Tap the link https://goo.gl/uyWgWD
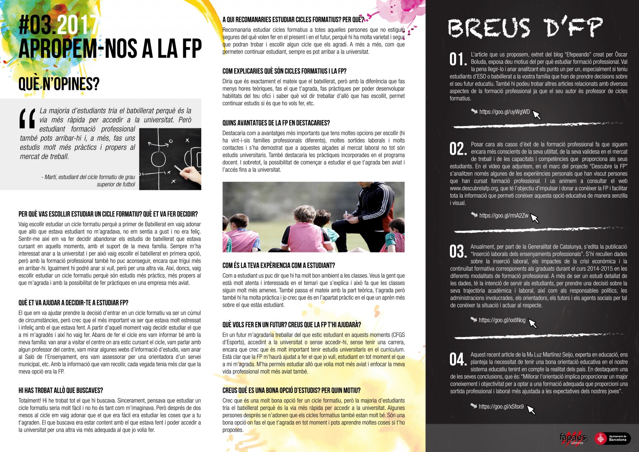pos(504,112)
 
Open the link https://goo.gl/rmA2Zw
pos(504,215)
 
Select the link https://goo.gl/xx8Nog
pos(502,320)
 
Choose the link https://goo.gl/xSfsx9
pos(501,406)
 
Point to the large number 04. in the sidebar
pos(458,359)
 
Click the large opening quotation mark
pos(27,119)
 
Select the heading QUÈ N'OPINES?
pos(59,84)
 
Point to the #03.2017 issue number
pos(58,26)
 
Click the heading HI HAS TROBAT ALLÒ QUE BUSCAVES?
pos(61,391)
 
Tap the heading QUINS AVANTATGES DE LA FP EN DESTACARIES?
pos(276,123)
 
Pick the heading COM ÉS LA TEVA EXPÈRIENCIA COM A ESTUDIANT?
pos(279,266)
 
